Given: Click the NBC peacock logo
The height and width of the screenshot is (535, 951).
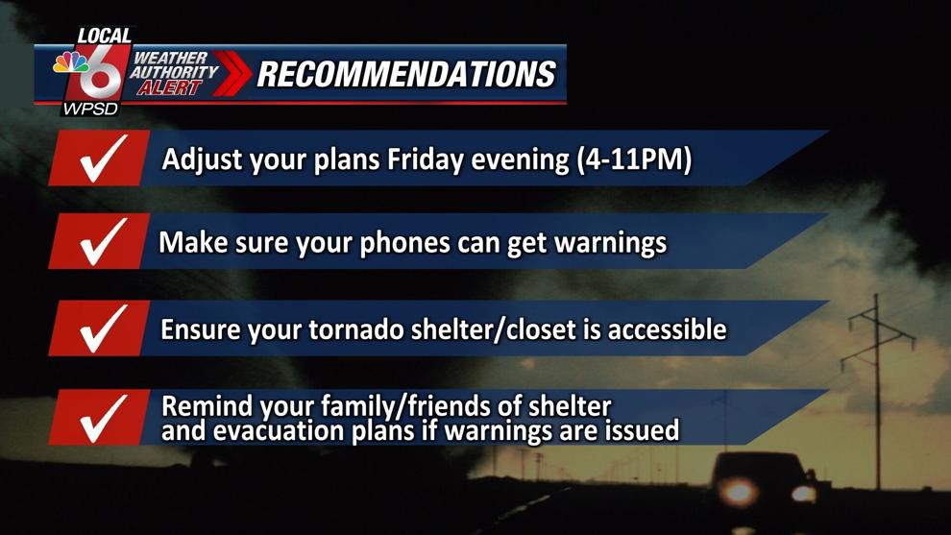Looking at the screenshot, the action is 71,61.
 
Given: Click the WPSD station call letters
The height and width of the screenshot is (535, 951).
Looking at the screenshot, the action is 91,109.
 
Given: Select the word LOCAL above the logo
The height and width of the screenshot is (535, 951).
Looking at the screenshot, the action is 105,36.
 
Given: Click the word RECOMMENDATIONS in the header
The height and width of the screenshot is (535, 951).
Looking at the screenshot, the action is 406,74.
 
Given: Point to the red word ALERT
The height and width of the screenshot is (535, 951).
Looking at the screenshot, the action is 169,88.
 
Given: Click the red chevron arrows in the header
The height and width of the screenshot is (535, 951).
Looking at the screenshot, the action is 232,73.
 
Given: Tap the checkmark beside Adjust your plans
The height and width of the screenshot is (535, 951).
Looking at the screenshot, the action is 104,158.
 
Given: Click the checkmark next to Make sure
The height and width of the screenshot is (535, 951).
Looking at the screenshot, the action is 104,241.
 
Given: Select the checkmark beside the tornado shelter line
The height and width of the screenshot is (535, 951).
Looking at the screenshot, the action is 104,328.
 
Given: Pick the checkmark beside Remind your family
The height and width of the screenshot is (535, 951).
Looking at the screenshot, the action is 104,418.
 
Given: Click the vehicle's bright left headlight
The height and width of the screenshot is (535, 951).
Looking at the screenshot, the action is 738,491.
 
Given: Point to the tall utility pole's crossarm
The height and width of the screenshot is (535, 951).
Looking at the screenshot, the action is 877,320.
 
